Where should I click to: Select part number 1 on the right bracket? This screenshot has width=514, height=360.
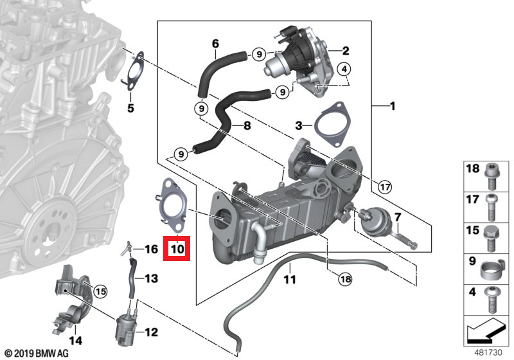pyautogui.click(x=391, y=105)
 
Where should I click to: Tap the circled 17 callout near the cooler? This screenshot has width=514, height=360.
pyautogui.click(x=385, y=188)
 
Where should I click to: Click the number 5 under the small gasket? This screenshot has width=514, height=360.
pyautogui.click(x=130, y=108)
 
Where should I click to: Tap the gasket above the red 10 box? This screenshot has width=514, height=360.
pyautogui.click(x=170, y=205)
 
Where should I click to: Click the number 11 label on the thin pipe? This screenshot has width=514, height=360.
pyautogui.click(x=290, y=280)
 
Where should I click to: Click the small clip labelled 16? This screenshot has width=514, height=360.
pyautogui.click(x=128, y=247)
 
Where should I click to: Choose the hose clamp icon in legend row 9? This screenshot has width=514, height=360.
pyautogui.click(x=491, y=265)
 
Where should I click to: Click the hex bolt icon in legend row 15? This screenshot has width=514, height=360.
pyautogui.click(x=491, y=233)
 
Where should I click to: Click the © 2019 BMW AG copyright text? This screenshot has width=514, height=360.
pyautogui.click(x=35, y=353)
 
